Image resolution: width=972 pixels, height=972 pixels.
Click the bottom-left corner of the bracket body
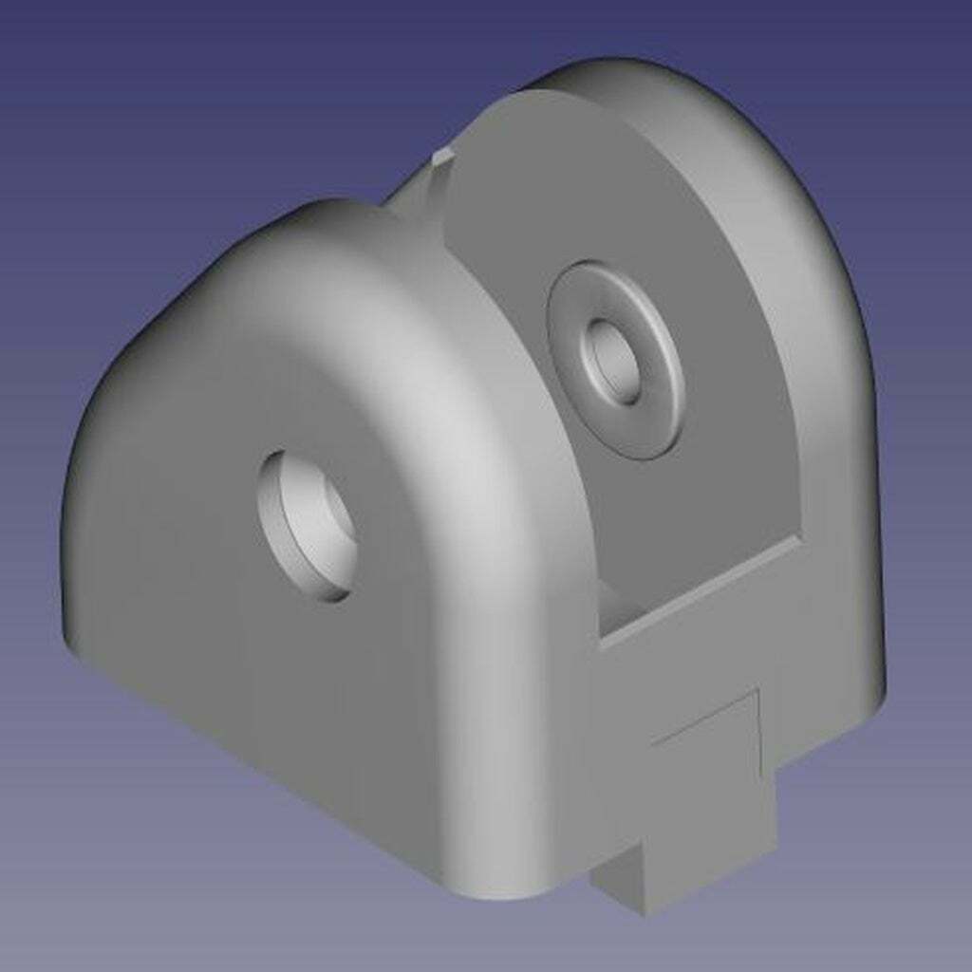(71, 645)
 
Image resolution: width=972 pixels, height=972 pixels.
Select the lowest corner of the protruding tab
(645, 911)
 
